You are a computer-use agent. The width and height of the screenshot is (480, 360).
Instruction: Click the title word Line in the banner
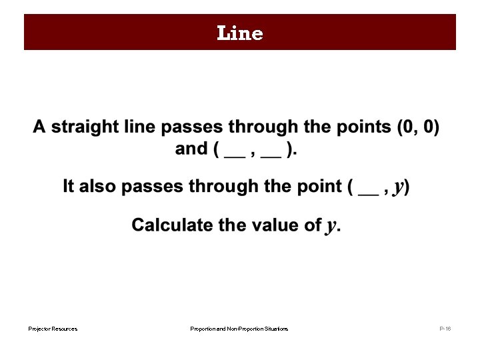(x=240, y=33)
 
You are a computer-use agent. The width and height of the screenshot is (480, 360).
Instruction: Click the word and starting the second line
(x=191, y=149)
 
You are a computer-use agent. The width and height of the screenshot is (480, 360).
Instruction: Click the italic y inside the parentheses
(x=399, y=187)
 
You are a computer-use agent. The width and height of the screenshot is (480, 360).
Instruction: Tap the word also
(x=99, y=187)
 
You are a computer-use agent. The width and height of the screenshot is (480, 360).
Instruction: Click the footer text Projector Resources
(x=53, y=329)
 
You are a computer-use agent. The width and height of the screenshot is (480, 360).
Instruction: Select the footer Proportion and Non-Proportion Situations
(x=239, y=329)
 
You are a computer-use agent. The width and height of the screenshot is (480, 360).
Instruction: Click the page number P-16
(x=445, y=329)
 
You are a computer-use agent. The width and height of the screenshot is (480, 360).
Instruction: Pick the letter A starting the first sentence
(x=39, y=127)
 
